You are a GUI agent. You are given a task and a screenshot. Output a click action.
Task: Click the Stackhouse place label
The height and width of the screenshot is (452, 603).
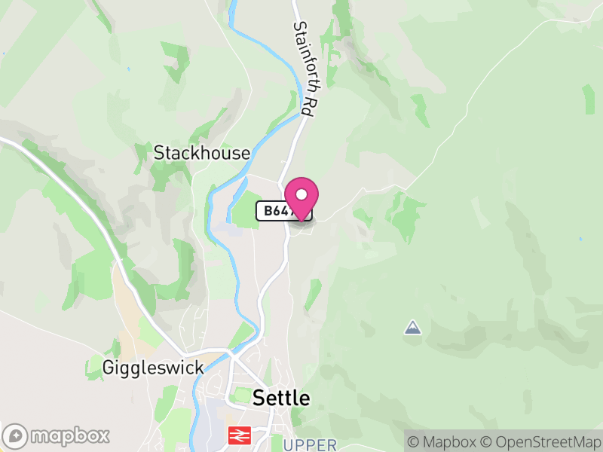pos(201,153)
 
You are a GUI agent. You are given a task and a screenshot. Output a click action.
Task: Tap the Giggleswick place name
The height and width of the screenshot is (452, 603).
pos(154,368)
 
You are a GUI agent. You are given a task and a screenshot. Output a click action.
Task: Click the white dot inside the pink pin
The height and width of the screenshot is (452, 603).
pos(301,194)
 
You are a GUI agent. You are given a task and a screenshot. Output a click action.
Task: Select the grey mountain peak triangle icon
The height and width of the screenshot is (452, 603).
pos(412,327)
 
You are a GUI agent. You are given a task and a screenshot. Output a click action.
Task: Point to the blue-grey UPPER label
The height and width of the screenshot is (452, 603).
pos(310,445)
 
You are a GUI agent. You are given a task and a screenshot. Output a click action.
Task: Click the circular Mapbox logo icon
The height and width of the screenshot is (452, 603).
pos(16,436)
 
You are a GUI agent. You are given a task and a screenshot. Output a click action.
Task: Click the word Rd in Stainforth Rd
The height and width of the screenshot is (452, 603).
pos(308,104)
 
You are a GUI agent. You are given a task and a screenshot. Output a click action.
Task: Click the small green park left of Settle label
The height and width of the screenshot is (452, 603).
pos(240,395)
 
